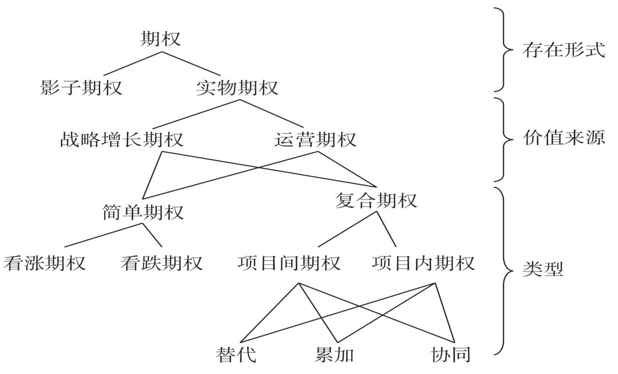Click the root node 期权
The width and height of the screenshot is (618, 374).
click(161, 39)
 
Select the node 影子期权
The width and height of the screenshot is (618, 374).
click(81, 87)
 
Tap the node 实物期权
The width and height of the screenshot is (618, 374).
click(237, 87)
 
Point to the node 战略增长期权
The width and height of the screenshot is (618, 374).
click(122, 140)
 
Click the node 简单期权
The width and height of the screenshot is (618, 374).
click(143, 212)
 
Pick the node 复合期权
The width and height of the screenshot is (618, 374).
click(376, 200)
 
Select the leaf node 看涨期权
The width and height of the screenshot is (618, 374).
click(45, 263)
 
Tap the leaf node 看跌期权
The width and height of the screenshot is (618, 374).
click(161, 263)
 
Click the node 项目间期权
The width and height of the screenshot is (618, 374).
click(289, 263)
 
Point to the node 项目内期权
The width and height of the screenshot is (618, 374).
click(423, 263)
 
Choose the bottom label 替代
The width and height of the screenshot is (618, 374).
click(236, 355)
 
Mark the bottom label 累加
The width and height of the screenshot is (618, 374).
click(334, 355)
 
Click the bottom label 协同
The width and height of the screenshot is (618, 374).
click(450, 355)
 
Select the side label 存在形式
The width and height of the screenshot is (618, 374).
click(564, 50)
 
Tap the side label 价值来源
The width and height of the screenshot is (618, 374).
click(564, 138)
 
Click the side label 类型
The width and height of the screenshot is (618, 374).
click(542, 269)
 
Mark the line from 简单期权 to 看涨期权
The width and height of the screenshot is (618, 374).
click(104, 235)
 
